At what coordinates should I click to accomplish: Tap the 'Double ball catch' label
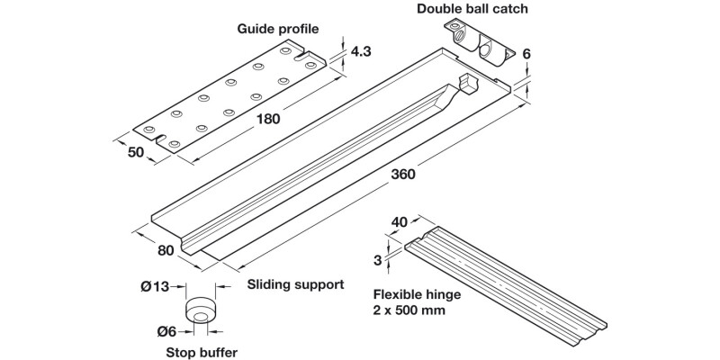click(x=472, y=10)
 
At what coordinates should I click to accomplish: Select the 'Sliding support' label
click(x=295, y=284)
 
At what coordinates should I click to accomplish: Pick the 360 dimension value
click(x=404, y=175)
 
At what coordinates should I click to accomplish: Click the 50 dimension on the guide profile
click(x=136, y=153)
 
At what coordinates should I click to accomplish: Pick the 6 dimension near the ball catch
click(x=526, y=54)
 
